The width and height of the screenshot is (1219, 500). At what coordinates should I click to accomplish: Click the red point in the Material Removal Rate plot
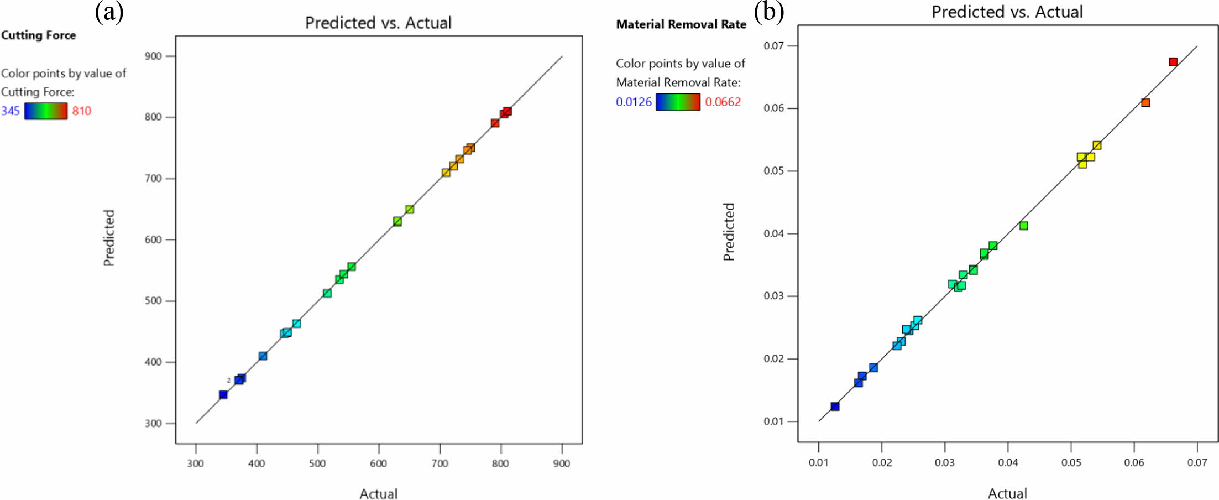(x=1173, y=62)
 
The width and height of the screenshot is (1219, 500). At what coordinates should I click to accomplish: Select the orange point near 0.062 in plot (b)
(x=1145, y=102)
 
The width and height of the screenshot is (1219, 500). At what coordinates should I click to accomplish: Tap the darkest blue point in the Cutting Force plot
(x=223, y=394)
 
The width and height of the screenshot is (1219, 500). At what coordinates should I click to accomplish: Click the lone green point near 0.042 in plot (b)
(x=1024, y=226)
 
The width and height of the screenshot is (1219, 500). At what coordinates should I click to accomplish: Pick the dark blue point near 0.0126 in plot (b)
(x=835, y=407)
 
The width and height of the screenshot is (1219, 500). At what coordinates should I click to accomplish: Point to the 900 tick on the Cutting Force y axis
(x=153, y=56)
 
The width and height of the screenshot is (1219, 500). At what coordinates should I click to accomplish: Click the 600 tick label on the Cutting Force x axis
(x=379, y=463)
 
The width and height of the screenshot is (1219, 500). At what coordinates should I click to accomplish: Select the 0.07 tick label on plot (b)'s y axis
(x=773, y=45)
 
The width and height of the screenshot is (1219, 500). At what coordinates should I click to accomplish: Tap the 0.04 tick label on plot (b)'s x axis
(x=1008, y=462)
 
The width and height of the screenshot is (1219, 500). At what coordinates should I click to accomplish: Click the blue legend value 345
(x=11, y=111)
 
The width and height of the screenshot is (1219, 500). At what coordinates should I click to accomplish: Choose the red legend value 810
(x=81, y=111)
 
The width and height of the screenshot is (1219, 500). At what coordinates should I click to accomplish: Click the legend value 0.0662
(x=723, y=102)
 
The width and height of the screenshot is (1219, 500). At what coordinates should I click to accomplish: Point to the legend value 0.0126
(x=634, y=102)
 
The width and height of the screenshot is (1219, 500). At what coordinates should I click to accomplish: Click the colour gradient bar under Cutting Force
(x=46, y=111)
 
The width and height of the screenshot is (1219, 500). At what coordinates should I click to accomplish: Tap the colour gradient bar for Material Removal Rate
(x=678, y=102)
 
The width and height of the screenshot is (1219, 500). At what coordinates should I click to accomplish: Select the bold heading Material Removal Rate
(x=681, y=24)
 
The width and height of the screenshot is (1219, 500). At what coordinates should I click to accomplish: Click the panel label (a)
(x=109, y=12)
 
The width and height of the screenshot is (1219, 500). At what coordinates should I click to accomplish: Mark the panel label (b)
(x=768, y=12)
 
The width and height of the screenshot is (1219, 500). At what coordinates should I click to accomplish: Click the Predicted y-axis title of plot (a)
(x=109, y=238)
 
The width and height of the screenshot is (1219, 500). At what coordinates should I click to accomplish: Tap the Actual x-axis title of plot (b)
(x=1007, y=493)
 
